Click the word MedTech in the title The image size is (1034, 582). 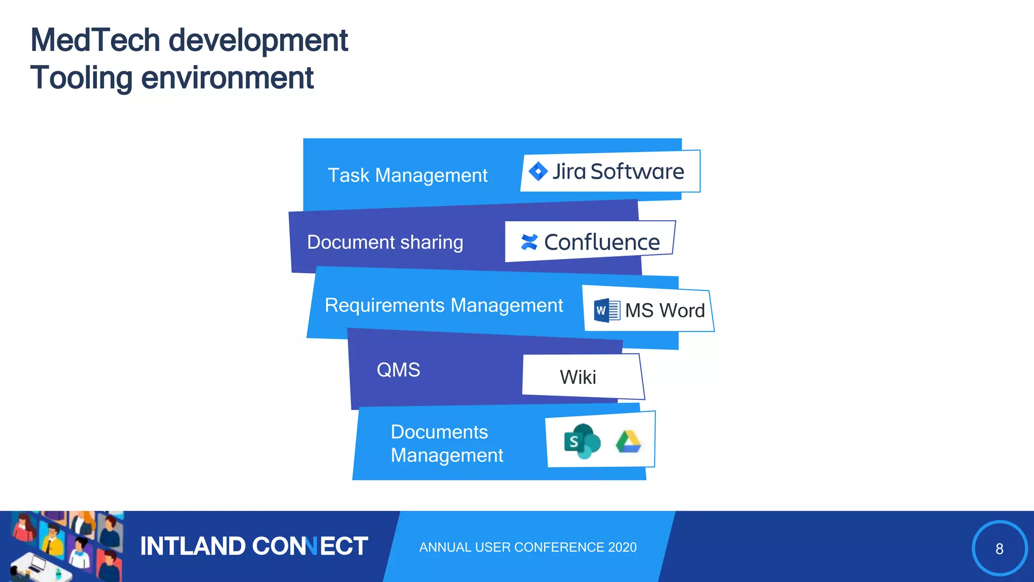click(95, 40)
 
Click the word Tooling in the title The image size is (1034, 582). click(81, 78)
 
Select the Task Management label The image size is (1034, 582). click(407, 175)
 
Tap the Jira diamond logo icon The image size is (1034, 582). click(538, 171)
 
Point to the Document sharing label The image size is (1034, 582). click(385, 242)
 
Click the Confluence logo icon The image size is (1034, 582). click(529, 242)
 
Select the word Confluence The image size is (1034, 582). click(602, 242)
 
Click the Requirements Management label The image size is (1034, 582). click(443, 305)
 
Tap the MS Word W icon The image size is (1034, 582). click(606, 310)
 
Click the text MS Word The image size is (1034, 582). click(664, 310)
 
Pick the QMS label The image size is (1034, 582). click(398, 370)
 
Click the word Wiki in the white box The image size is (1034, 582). click(578, 377)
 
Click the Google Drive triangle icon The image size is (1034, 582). click(628, 442)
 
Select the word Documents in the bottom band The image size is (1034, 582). click(439, 432)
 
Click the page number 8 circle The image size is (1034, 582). click(999, 548)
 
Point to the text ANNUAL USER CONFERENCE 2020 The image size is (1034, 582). click(528, 547)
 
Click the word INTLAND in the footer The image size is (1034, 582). click(192, 546)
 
